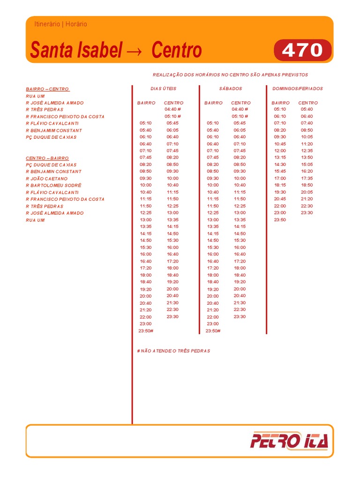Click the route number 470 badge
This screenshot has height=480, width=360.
pos(302,51)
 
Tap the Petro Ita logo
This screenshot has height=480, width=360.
pos(289,441)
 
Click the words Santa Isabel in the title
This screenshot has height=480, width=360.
pos(76,51)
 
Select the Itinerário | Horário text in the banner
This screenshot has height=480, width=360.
pos(60,24)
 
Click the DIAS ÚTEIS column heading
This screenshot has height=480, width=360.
pos(163,89)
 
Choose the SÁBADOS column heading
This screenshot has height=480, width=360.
pos(230,89)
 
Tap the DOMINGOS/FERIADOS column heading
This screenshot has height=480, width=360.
pos(297,89)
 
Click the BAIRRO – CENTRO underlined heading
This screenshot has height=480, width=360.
pos(47,89)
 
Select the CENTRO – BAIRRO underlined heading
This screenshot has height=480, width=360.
pos(47,158)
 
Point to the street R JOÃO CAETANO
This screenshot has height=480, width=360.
pos(46,179)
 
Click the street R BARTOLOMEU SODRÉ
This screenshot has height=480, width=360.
pos(53,186)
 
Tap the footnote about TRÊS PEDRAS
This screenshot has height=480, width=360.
pos(173,351)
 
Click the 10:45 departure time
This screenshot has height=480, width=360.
pos(280,144)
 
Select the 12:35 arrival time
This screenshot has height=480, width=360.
pos(307,151)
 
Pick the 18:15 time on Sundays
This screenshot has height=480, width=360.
pos(280,185)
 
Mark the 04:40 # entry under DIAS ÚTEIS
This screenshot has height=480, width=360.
pos(172,109)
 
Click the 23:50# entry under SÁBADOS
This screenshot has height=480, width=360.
pos(213,331)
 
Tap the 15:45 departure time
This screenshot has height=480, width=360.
pos(280,172)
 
